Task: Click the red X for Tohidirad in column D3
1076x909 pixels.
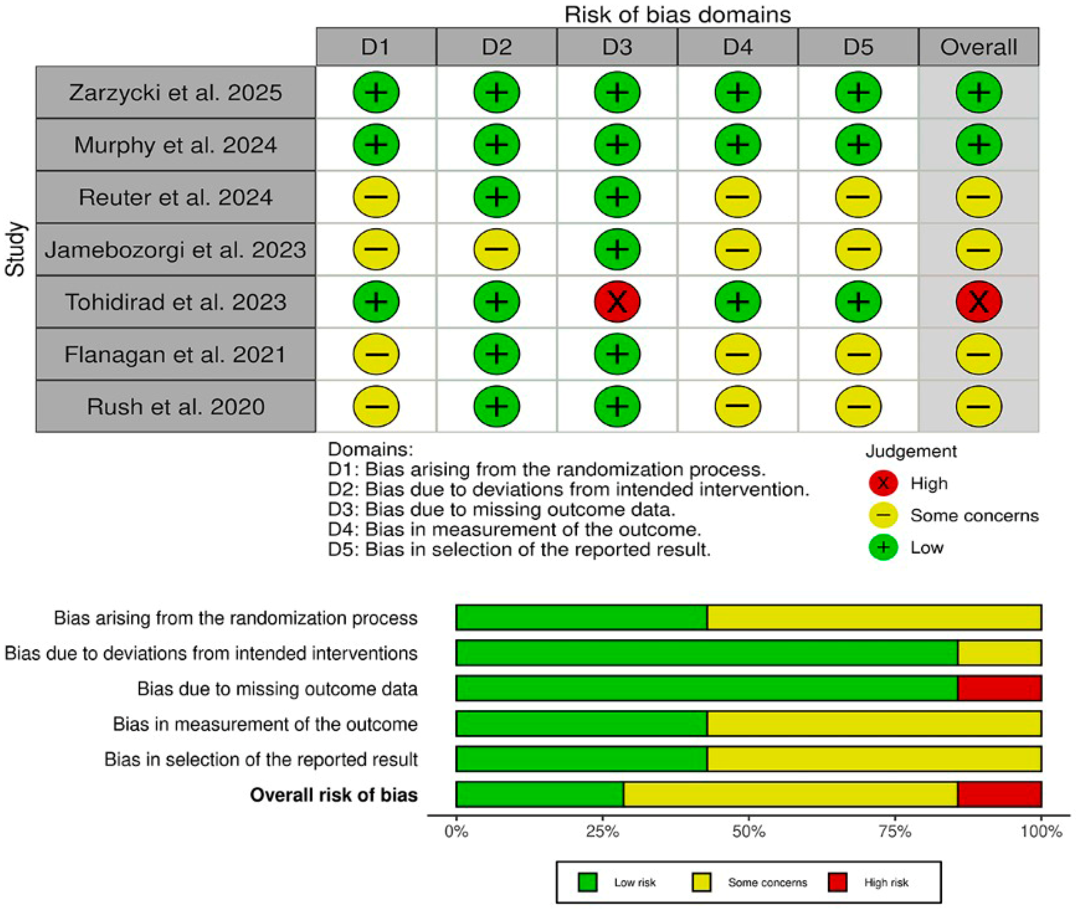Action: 617,301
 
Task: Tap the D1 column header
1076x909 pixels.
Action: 375,47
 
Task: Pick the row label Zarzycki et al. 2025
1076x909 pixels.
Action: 175,93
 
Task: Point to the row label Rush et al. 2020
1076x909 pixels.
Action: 175,407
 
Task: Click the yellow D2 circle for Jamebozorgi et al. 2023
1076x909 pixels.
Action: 496,249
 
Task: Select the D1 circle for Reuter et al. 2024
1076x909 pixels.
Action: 375,197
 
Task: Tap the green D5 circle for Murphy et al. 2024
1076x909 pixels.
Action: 858,145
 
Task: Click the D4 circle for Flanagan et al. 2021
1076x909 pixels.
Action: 738,354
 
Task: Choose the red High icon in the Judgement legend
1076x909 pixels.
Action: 883,483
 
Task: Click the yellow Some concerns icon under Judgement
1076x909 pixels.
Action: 883,515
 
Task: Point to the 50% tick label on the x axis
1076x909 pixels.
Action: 748,831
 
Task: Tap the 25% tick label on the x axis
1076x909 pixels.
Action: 602,831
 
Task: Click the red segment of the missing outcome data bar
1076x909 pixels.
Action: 999,688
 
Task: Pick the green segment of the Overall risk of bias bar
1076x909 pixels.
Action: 540,794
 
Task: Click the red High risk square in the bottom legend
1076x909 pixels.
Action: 837,882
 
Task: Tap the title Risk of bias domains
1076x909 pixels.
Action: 677,14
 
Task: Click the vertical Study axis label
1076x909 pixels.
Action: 16,249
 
